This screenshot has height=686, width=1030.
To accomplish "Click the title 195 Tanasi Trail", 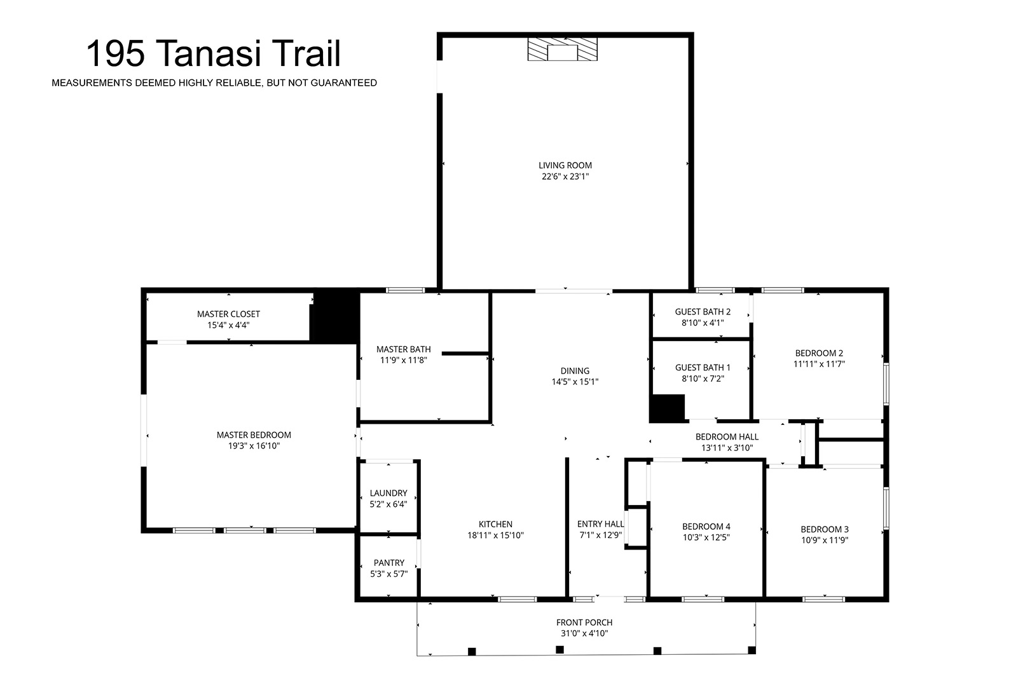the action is point(214,54).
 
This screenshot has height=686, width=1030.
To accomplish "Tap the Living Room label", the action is point(565,165).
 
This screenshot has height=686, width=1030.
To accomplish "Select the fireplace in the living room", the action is point(562,50).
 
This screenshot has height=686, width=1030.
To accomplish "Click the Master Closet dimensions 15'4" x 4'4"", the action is point(228,325).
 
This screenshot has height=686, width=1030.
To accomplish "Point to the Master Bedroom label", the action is point(254,435).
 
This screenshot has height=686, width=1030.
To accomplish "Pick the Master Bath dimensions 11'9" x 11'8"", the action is point(404,360).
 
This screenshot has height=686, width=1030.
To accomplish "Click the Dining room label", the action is point(575,371).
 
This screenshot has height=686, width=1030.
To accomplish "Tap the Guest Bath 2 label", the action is point(703,311).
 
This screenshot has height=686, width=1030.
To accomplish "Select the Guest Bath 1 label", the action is point(703,368).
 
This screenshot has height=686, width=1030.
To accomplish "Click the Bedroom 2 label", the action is point(819,353).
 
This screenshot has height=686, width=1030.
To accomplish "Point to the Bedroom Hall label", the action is point(727,437).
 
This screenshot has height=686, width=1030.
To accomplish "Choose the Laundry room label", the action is point(388,493).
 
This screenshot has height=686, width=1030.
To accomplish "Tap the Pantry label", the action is point(389,563).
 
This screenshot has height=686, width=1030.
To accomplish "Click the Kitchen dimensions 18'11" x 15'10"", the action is point(496,535).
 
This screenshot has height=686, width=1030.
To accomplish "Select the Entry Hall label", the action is point(601,524).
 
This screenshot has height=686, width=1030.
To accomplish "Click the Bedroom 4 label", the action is point(706,527).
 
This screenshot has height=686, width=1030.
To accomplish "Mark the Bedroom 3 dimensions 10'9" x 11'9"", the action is point(825,541).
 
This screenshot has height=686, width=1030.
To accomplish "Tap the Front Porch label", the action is point(584,622).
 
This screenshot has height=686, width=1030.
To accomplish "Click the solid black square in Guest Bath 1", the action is point(667,408).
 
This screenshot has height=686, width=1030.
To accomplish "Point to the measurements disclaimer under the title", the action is point(214,83).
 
